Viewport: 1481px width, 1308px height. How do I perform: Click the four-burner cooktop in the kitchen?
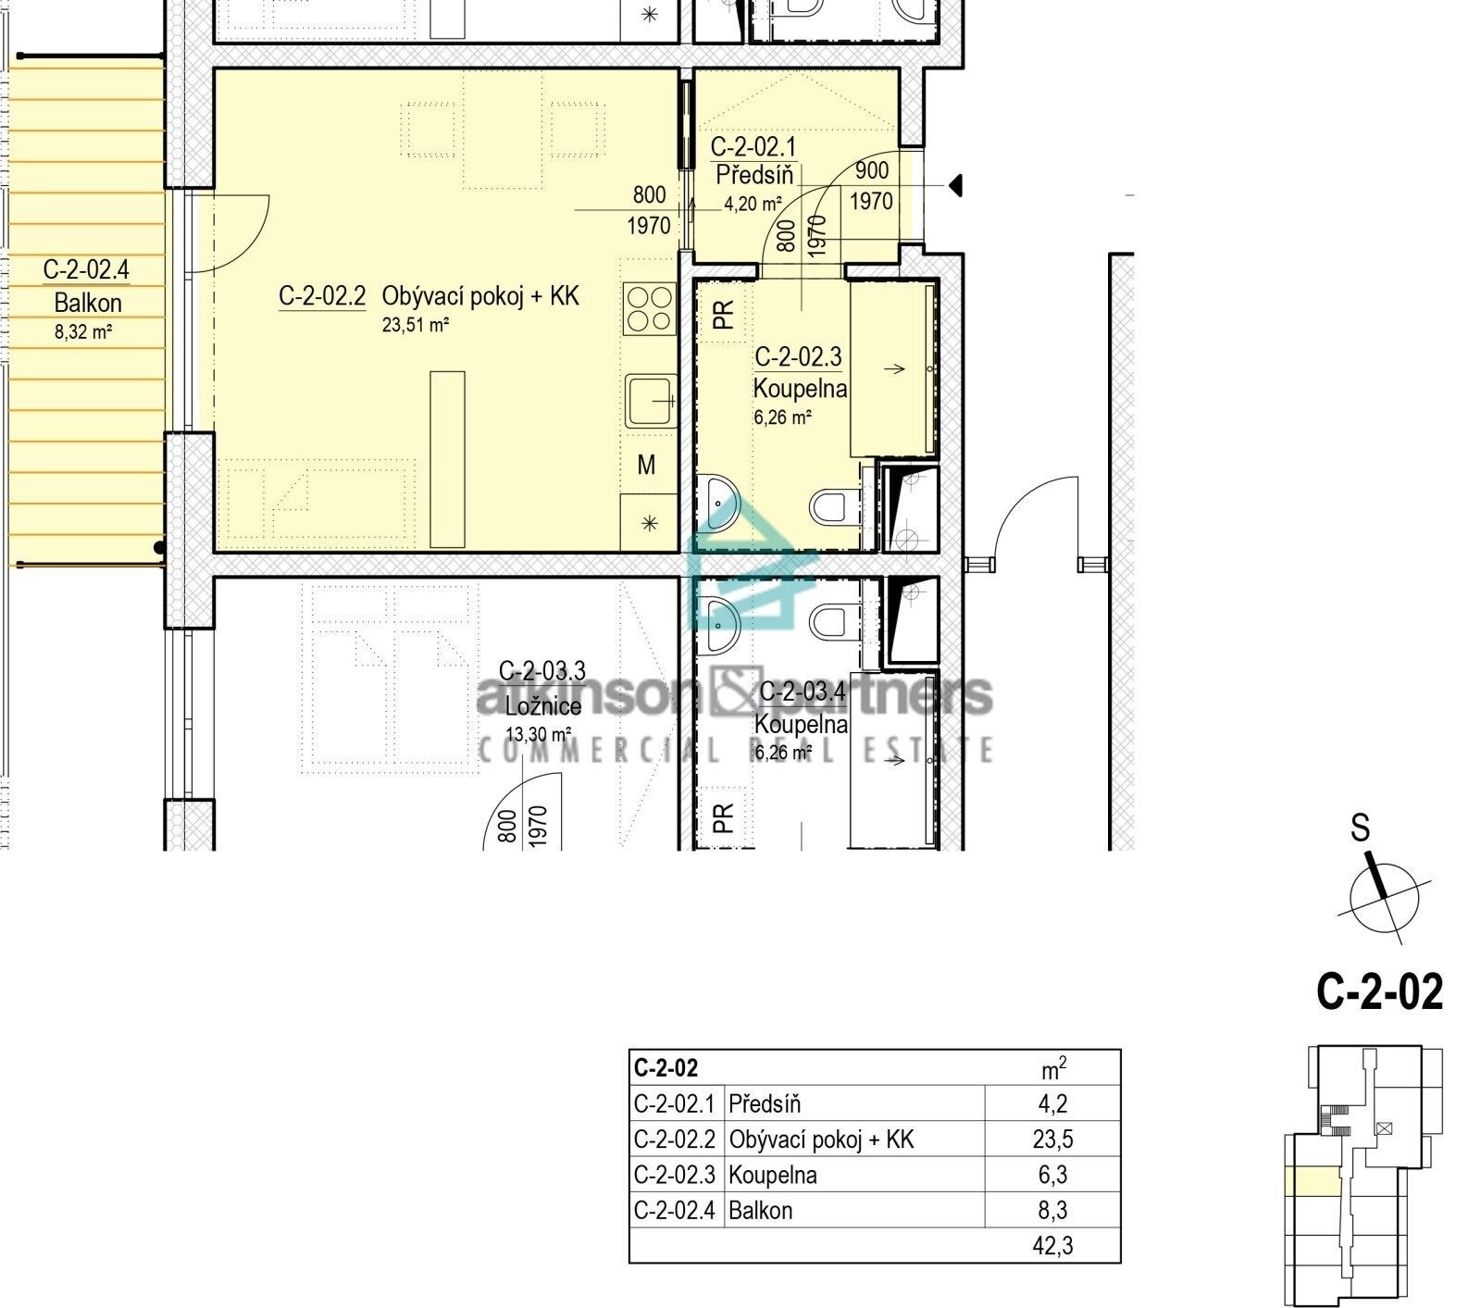point(649,309)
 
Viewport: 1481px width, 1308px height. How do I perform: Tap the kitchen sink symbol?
point(650,401)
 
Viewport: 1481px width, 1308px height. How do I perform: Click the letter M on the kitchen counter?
point(646,465)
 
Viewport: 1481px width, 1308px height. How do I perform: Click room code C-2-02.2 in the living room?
point(321,296)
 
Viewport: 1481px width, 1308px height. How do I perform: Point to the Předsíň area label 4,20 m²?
point(753,204)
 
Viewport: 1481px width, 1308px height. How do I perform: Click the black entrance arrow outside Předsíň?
point(955,186)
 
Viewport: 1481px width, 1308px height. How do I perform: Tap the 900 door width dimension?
point(871,170)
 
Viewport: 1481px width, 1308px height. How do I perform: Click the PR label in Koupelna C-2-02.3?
point(724,315)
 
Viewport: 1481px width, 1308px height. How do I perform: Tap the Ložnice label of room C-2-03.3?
point(542,706)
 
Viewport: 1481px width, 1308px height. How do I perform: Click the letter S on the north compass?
point(1360,828)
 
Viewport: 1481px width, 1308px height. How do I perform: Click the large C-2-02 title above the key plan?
point(1379,991)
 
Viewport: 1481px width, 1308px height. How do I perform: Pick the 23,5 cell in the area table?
point(1052,1140)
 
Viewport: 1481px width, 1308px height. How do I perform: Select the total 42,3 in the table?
point(1052,1246)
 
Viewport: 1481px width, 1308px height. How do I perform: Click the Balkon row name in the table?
point(760,1211)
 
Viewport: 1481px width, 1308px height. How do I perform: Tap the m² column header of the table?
point(1053,1069)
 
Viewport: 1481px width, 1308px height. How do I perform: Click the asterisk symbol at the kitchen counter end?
point(649,523)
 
